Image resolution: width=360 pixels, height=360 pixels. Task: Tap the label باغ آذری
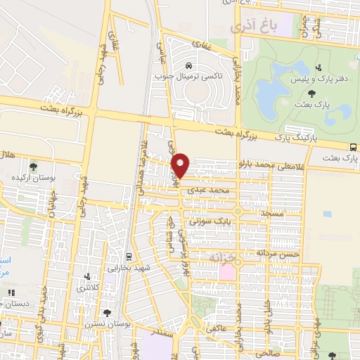254,27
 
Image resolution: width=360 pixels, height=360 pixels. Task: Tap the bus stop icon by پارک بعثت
352,147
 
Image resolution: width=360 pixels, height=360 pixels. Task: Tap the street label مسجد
271,211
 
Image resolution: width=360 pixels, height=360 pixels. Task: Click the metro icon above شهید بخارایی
128,257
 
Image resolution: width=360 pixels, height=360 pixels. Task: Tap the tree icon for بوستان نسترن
108,313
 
